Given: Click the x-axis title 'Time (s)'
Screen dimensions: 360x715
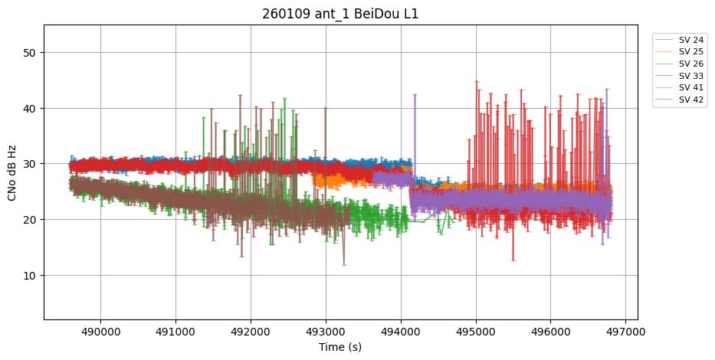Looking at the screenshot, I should coord(340,347).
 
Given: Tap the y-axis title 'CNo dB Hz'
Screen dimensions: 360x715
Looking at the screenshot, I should coord(12,172).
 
